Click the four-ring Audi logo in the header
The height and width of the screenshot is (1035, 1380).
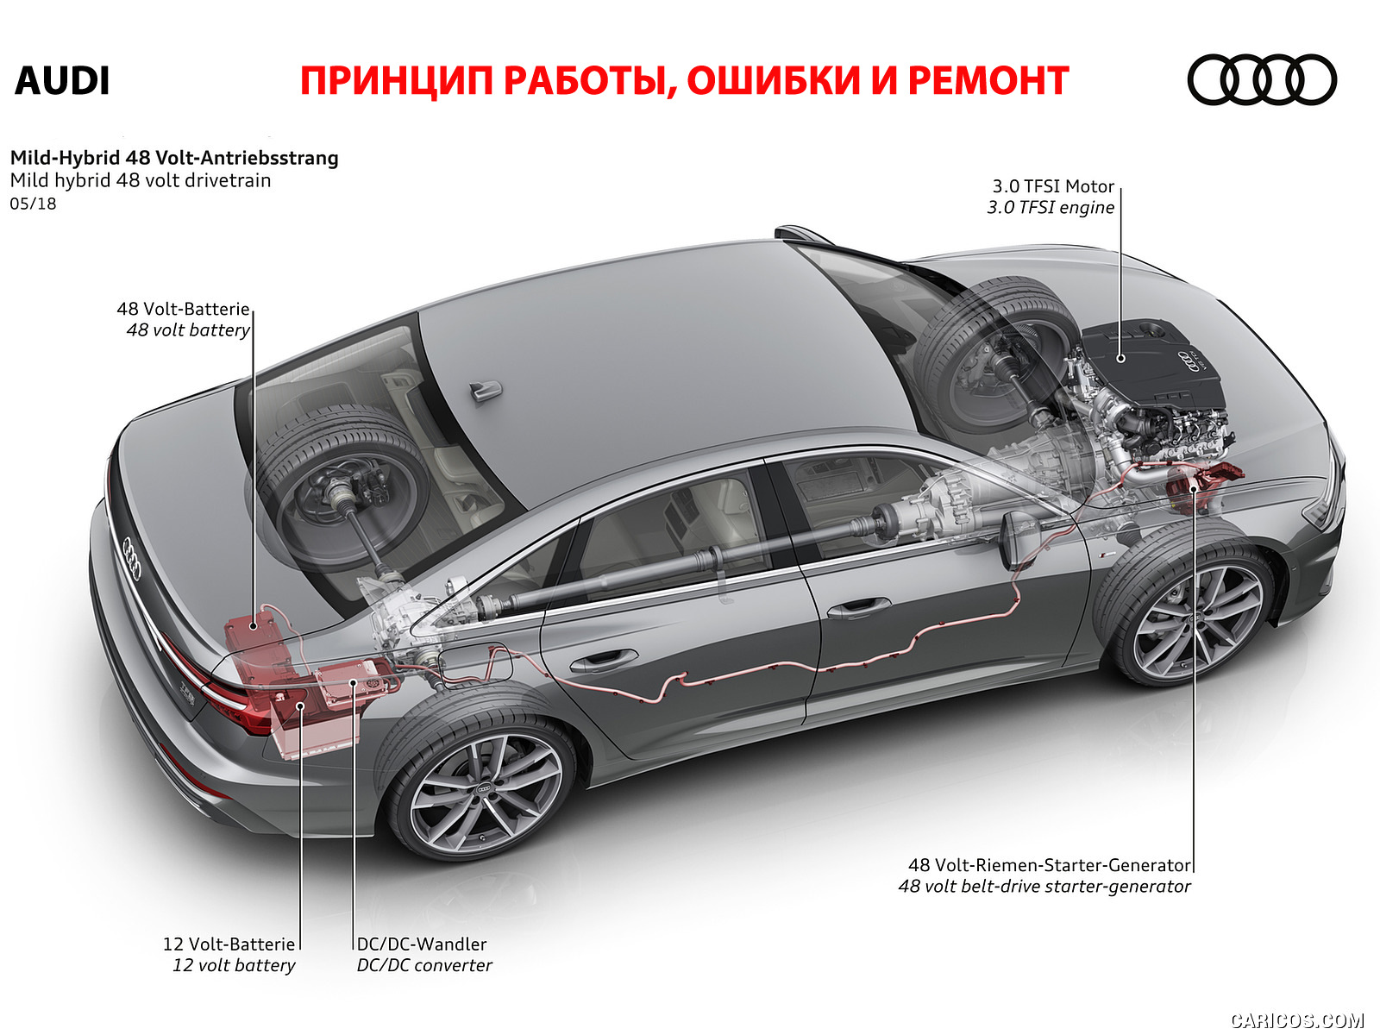coord(1261,80)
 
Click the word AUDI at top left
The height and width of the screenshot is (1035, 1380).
coord(62,81)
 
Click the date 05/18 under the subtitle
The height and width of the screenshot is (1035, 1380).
coord(34,204)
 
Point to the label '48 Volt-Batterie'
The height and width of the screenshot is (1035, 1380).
coord(183,309)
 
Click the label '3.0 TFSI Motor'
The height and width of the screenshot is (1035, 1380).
coord(1053,186)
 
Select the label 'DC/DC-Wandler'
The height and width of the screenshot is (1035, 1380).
coord(422,944)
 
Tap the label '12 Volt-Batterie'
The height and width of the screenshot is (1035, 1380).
coord(229,944)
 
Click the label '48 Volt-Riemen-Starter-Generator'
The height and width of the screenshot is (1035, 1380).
coord(1050,865)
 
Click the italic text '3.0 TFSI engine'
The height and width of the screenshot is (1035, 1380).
coord(1051,207)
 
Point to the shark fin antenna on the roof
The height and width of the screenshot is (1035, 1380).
coord(486,391)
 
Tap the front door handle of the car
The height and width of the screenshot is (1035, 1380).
coord(858,608)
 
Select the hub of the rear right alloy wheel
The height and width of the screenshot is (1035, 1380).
coord(485,788)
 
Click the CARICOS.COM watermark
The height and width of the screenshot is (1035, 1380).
coord(1296,1020)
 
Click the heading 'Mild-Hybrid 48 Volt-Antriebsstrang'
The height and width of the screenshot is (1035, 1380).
coord(174,158)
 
